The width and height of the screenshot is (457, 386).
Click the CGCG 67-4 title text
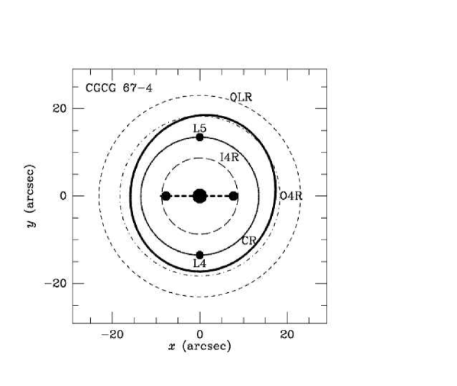coord(118,88)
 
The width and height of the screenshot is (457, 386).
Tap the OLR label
coord(241,97)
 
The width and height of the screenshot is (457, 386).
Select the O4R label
coord(291,196)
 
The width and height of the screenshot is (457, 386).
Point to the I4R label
coord(229,157)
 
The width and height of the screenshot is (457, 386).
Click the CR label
coord(249,240)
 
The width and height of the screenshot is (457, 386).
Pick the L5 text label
coord(199,128)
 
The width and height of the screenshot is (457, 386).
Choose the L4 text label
coord(199,263)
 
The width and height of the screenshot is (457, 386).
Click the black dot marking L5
coord(199,137)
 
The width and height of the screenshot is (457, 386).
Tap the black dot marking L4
coord(199,255)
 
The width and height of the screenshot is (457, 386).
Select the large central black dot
coord(200,196)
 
